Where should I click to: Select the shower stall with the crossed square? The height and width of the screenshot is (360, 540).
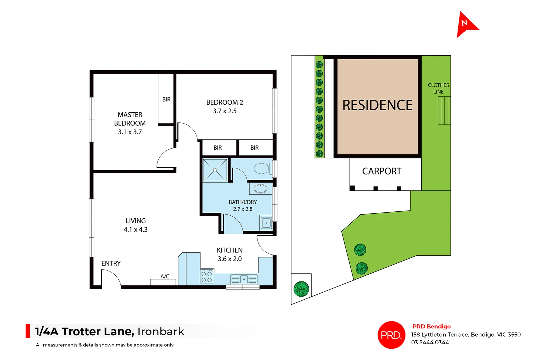pos(215,170)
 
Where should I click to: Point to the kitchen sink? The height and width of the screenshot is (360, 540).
pos(244,279)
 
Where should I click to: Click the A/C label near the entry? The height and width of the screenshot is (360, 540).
pos(165,276)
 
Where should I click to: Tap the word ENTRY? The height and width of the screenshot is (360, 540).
pos(111,263)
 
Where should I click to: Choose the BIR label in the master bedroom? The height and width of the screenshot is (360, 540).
pos(166,99)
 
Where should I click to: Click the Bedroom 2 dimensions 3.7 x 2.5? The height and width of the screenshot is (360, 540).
pos(224,111)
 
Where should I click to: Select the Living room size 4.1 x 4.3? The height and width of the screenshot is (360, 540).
pos(135,229)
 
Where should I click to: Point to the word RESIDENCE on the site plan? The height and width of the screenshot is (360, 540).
pos(377,105)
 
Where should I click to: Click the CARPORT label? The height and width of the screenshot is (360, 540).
pos(382,171)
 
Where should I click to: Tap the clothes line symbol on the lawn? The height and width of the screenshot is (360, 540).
pos(444,110)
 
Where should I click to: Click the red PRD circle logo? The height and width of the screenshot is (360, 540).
pos(391,335)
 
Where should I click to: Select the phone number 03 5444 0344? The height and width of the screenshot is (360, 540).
pos(430,342)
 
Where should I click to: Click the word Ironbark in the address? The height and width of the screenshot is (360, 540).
pos(161,331)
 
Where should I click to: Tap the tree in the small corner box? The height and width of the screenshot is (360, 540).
pos(301,289)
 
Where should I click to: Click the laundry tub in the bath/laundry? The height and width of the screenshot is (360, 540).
pos(266,223)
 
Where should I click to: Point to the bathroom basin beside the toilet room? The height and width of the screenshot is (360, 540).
pos(260,189)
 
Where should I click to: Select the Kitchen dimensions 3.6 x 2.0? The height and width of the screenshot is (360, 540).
pos(229,259)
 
